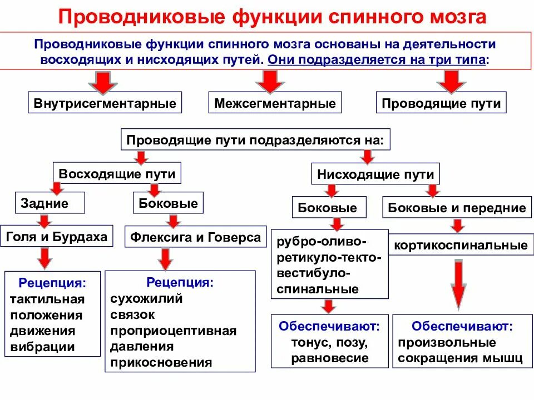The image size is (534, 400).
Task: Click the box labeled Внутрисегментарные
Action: pyautogui.click(x=105, y=103)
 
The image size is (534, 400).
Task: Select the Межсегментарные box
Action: pyautogui.click(x=275, y=103)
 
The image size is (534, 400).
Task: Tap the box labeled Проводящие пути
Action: pyautogui.click(x=441, y=103)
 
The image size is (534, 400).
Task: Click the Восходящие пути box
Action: pyautogui.click(x=117, y=174)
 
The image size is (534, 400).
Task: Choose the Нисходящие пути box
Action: pyautogui.click(x=375, y=174)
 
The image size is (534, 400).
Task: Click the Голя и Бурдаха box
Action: pyautogui.click(x=57, y=237)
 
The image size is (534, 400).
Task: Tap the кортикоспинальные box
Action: pyautogui.click(x=461, y=245)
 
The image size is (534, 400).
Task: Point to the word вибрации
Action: pyautogui.click(x=42, y=347)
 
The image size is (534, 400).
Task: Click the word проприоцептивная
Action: pyautogui.click(x=173, y=331)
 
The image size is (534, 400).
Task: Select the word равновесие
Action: pyautogui.click(x=329, y=358)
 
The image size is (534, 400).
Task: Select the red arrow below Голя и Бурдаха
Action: pyautogui.click(x=46, y=258)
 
